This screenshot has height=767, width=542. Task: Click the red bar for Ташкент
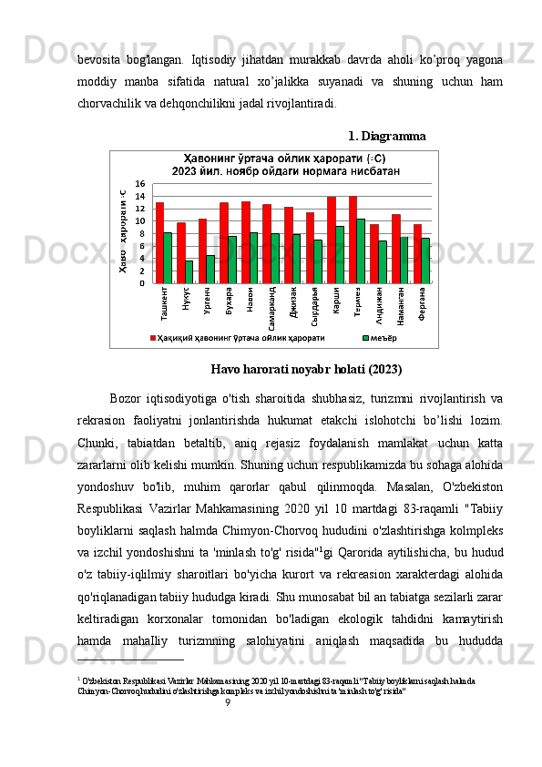point(159,242)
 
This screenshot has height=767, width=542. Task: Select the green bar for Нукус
point(189,271)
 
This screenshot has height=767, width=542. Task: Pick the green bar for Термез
point(361,251)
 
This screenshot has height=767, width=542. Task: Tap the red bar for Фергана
point(417,253)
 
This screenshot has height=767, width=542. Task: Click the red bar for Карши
point(331,240)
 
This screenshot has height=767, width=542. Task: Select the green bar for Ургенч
point(210,269)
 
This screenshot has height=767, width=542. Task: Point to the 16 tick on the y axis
point(140,184)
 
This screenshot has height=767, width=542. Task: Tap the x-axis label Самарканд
point(272,307)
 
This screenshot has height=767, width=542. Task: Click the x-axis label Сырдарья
point(315,306)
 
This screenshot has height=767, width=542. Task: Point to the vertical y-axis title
point(121,232)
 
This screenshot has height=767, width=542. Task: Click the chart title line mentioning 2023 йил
point(271,170)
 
